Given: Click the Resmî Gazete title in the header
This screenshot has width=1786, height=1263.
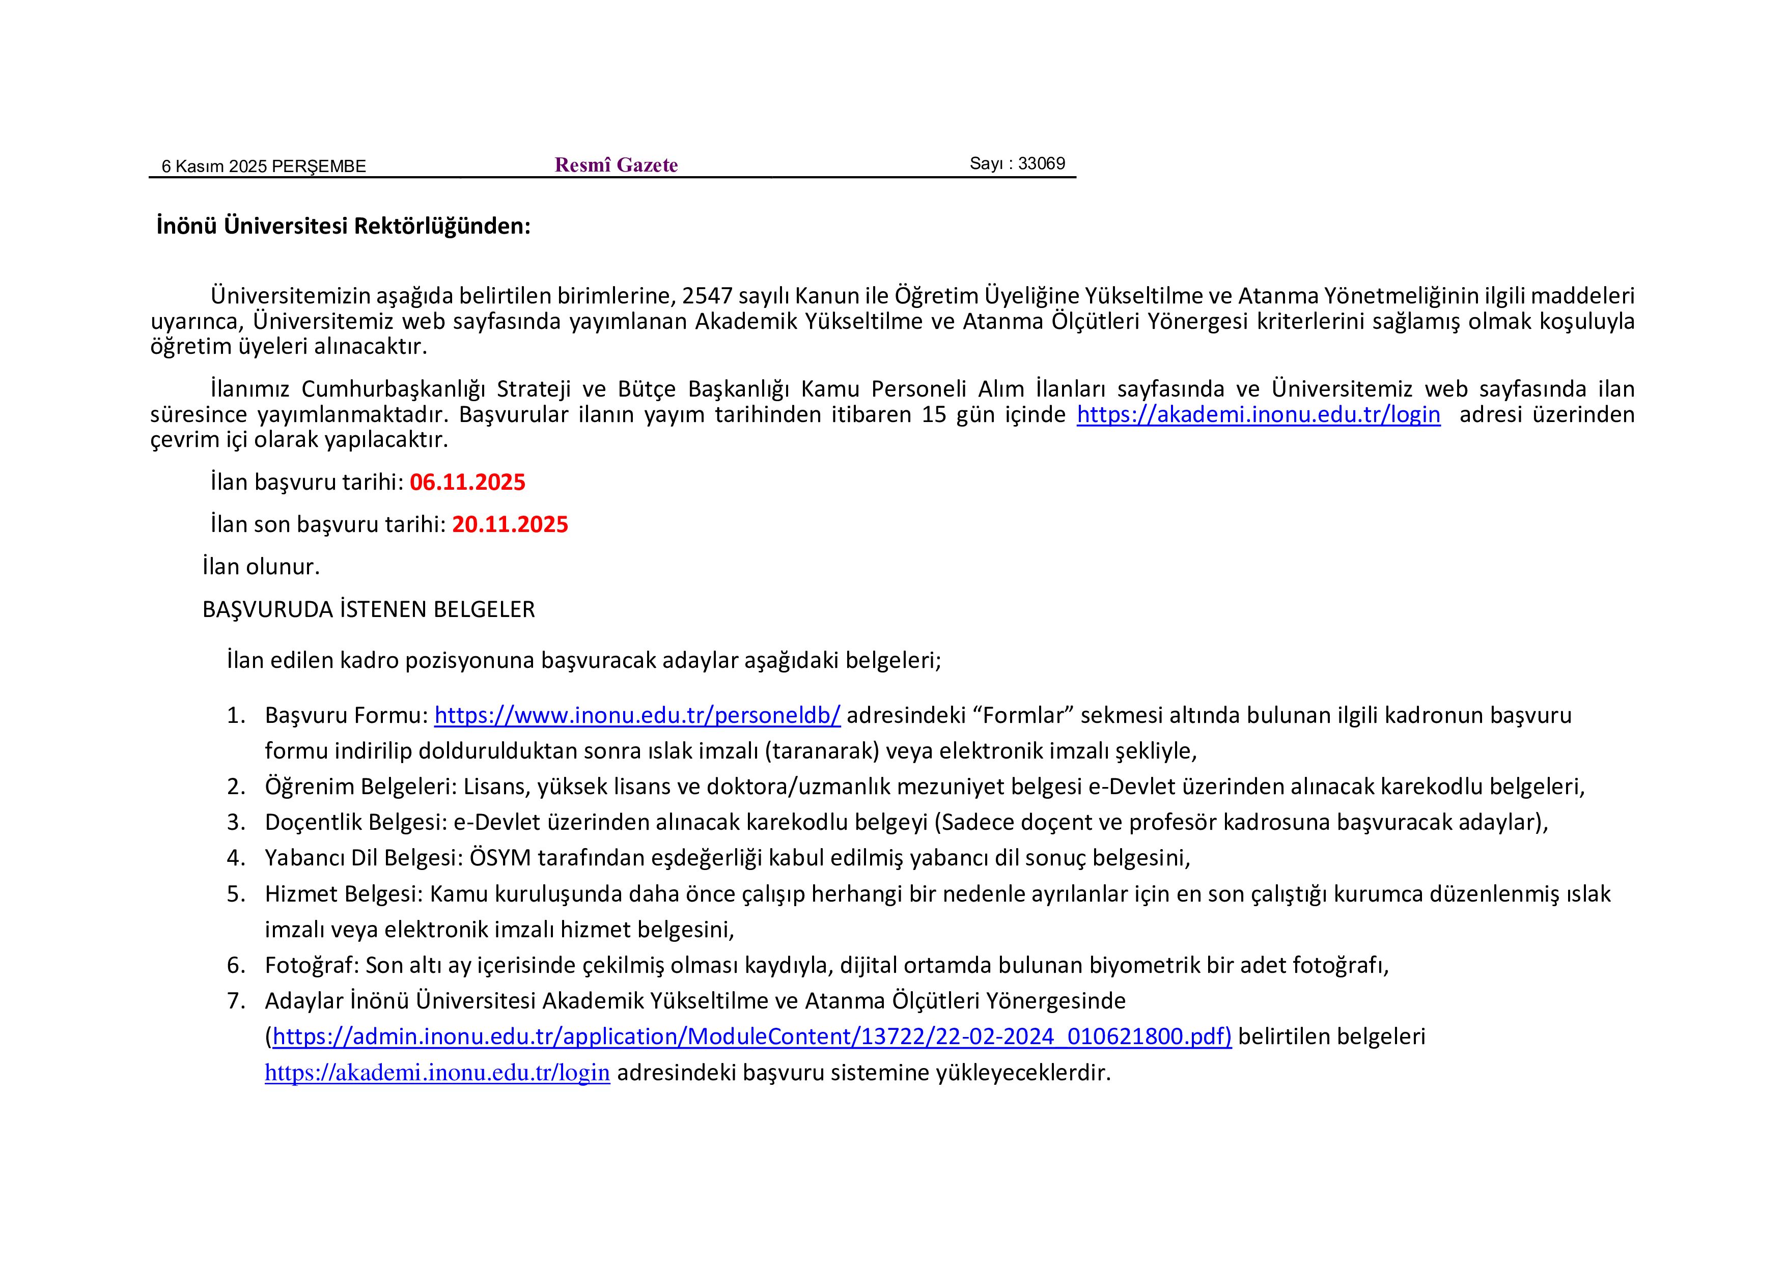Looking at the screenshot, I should coord(616,165).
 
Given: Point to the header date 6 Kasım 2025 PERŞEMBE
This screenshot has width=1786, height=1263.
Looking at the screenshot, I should coord(264,166).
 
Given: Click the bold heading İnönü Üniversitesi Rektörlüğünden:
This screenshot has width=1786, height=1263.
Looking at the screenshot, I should coord(343,227).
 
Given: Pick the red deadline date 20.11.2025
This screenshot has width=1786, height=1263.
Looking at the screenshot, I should coord(510,524).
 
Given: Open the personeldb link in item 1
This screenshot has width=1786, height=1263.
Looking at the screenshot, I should coord(637,715).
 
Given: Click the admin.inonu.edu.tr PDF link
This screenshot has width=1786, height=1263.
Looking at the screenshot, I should coord(752,1036).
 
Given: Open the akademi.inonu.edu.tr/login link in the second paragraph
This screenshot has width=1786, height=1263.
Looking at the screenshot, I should coord(1258,414).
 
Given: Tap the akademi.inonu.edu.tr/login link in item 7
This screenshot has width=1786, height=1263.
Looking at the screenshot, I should coord(437,1073).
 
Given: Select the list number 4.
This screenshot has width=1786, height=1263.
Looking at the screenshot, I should coord(236,858).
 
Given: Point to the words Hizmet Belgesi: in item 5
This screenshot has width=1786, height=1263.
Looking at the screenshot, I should coord(343,893).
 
